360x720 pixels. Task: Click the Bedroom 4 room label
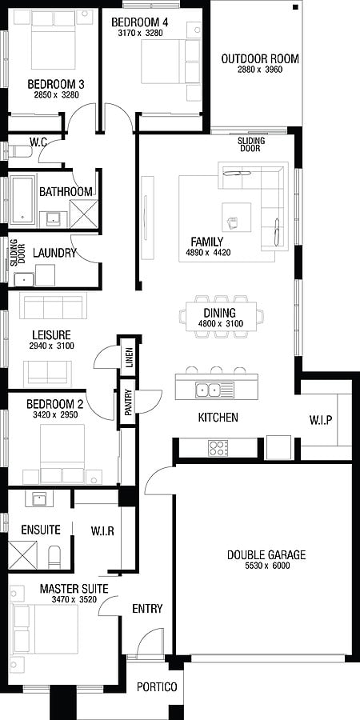[136, 22]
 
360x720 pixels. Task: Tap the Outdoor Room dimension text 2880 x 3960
[260, 70]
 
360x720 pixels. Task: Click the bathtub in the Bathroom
[22, 200]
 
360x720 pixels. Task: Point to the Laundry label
[54, 253]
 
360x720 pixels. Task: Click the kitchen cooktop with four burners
[218, 448]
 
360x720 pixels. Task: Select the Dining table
[222, 316]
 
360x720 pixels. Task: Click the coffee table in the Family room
[237, 217]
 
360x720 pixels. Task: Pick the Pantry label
[128, 402]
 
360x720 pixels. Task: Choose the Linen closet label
[128, 359]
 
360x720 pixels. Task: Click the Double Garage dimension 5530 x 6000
[266, 566]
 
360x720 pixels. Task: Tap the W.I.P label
[320, 420]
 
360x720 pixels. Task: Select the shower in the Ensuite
[22, 555]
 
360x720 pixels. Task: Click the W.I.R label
[102, 531]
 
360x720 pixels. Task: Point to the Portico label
[157, 687]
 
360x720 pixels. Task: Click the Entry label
[147, 609]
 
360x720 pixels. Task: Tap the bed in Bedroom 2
[62, 454]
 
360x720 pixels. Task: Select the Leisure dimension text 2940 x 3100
[51, 346]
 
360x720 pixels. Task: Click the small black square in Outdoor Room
[295, 7]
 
